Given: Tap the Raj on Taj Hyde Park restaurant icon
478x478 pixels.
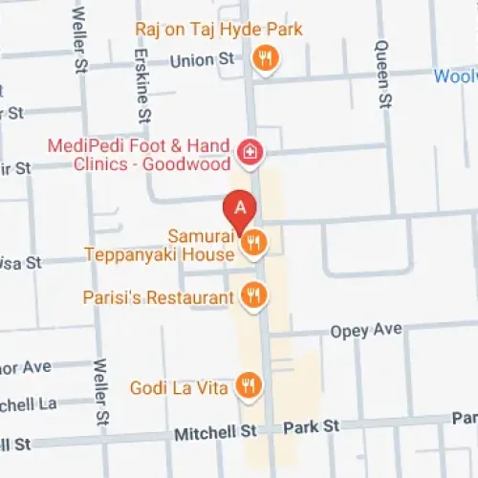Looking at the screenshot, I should coord(267,58).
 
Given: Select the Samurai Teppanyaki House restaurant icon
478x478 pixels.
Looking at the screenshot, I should coord(253,242).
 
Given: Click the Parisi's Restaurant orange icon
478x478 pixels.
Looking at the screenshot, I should coord(253,294).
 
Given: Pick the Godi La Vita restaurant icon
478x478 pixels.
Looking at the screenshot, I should coord(249,385).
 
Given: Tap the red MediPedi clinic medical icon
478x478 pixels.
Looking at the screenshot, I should coord(250,152).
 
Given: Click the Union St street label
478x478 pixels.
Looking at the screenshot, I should coord(202,60).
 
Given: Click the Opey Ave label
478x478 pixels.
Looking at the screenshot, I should coord(366,330).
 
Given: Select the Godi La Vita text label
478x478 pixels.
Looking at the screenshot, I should coord(181,387).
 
